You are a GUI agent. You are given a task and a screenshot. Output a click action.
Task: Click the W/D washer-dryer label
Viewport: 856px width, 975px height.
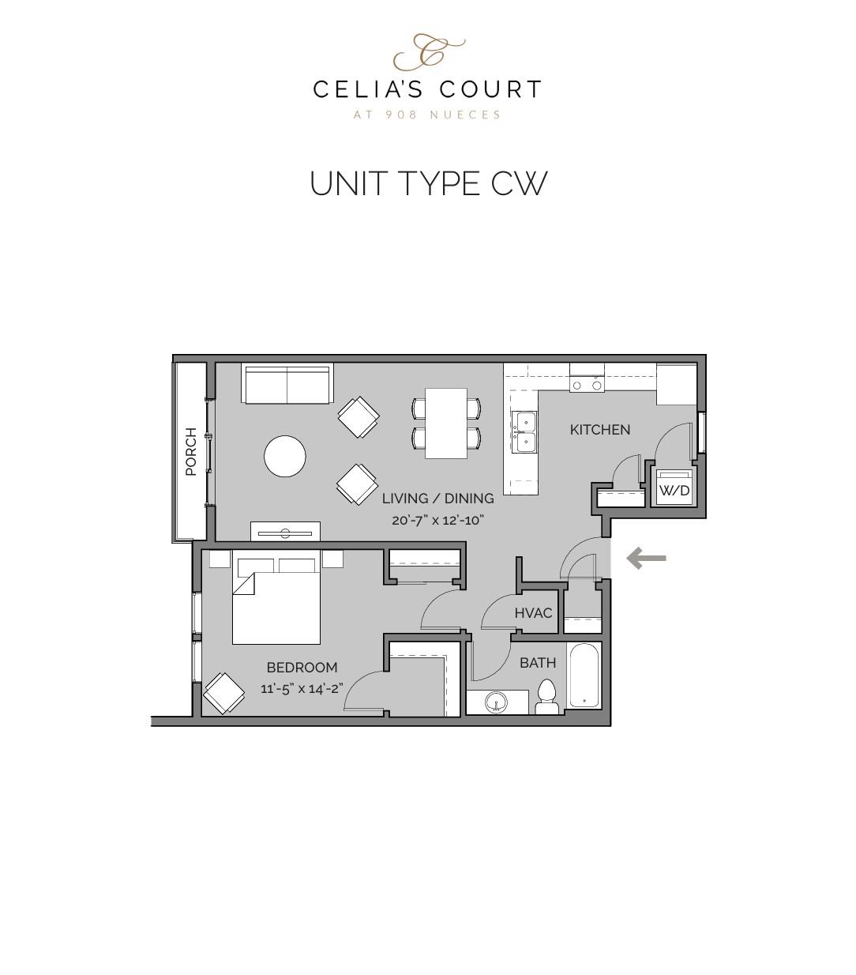[x=674, y=491]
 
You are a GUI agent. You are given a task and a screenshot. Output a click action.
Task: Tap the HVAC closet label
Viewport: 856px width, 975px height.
[x=533, y=613]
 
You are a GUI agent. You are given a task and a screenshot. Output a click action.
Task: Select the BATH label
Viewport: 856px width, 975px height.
[x=537, y=663]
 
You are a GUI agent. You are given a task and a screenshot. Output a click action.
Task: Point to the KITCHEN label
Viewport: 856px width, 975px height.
[x=600, y=430]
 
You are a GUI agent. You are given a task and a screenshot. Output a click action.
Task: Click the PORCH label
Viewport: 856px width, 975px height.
[x=190, y=452]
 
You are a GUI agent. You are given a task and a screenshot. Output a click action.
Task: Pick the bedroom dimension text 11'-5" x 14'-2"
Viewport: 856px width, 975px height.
[x=302, y=688]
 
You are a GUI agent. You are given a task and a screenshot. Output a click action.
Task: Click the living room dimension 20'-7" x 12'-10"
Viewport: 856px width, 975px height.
[x=437, y=520]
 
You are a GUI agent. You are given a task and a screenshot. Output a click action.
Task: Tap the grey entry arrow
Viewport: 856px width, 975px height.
[x=646, y=559]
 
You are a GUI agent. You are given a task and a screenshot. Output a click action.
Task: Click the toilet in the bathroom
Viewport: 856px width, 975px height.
[x=546, y=698]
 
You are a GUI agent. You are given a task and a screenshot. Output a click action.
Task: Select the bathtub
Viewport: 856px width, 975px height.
[x=584, y=676]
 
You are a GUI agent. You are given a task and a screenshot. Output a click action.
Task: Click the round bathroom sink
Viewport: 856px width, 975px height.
[x=497, y=702]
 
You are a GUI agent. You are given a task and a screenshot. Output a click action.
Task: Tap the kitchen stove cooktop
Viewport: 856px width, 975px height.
[x=587, y=386]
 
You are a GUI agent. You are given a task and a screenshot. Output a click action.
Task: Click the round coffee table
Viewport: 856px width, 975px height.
[x=284, y=457]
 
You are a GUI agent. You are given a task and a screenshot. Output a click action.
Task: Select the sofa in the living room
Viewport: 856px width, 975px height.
[x=287, y=384]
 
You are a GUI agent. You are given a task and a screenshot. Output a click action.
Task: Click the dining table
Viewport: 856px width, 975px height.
[x=446, y=423]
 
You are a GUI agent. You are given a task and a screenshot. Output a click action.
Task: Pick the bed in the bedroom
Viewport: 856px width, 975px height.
[x=276, y=602]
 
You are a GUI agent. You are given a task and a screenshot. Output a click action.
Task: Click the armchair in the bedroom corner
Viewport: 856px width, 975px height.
[x=223, y=693]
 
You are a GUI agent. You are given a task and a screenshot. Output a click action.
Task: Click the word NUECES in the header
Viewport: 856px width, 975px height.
[x=465, y=115]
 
